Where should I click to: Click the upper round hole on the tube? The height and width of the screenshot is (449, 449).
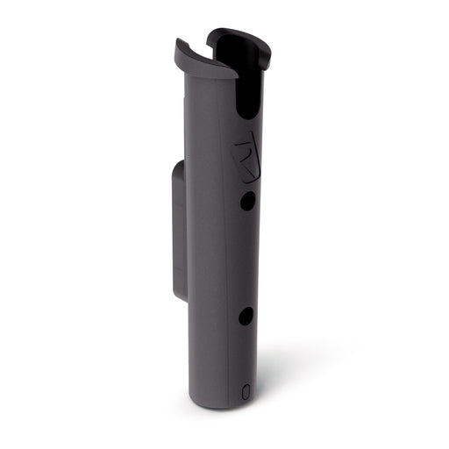(x=248, y=200)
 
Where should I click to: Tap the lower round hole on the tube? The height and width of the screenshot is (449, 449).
(x=246, y=316)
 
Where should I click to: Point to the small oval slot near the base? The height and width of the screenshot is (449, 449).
(x=245, y=388)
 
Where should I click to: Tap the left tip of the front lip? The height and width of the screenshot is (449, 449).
(x=178, y=44)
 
